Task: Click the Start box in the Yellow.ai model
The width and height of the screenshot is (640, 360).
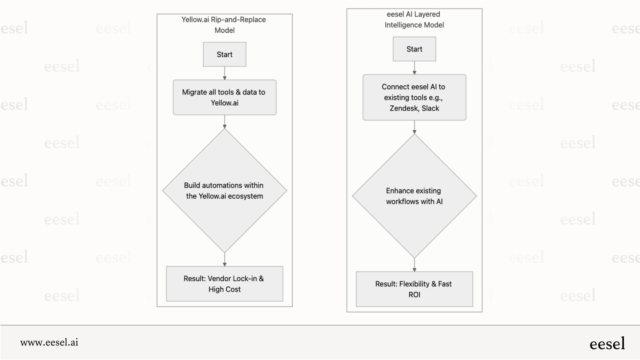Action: click(x=224, y=54)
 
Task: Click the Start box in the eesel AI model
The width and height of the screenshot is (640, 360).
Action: click(x=414, y=49)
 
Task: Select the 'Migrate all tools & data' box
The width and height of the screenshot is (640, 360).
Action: click(x=224, y=98)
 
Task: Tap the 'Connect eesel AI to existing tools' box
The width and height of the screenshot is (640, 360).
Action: click(x=414, y=98)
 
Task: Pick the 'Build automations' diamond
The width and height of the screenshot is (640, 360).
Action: click(x=224, y=190)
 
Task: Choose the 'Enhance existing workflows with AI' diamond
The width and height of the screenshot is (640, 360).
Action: click(x=414, y=196)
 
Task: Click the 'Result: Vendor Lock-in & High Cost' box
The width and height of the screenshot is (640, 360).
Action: click(x=224, y=284)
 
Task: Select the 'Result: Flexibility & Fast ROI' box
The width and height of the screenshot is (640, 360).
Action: click(x=414, y=289)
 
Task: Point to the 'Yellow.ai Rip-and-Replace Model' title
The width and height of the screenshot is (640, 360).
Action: click(x=224, y=25)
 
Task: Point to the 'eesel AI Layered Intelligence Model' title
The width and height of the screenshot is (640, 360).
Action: click(x=414, y=19)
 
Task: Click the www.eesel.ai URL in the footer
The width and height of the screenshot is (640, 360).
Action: click(x=49, y=342)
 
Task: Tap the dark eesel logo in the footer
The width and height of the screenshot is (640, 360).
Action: click(x=607, y=344)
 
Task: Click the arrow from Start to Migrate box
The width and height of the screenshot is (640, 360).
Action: click(x=224, y=73)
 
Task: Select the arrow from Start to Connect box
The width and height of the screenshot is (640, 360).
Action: click(x=414, y=68)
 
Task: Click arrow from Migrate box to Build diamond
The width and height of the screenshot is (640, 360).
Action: click(x=224, y=122)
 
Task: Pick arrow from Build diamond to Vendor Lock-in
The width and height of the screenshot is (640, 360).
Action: click(x=224, y=259)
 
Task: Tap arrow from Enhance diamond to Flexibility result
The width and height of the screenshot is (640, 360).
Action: click(x=414, y=265)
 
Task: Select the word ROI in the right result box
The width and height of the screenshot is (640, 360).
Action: click(x=414, y=294)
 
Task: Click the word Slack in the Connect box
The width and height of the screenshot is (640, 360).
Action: click(x=430, y=108)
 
